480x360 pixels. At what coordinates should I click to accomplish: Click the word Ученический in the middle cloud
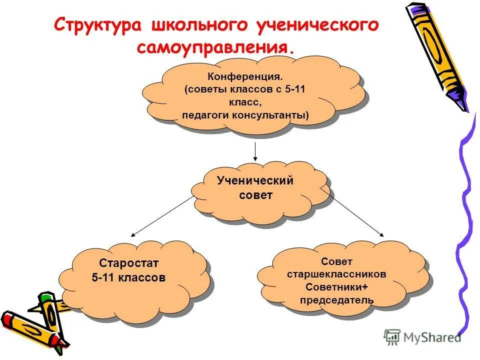[x=255, y=180]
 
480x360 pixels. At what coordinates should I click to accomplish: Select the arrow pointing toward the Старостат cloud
[x=160, y=215]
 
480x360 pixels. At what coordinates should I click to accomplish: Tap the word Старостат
[x=128, y=263]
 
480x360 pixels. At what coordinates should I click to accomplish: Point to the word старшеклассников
[x=336, y=274]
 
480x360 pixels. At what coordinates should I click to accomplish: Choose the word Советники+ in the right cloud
[x=336, y=287]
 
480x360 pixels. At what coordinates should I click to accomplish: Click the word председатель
[x=336, y=300]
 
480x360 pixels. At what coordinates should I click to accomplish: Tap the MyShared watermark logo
[x=423, y=337]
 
